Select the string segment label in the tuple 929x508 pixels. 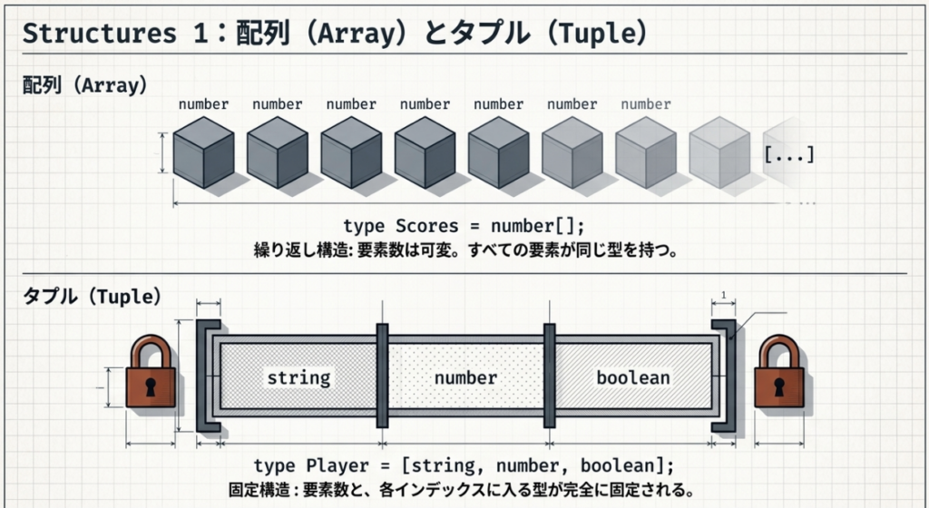(x=298, y=377)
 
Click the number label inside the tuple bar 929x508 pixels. (x=465, y=377)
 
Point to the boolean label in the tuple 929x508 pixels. (x=632, y=377)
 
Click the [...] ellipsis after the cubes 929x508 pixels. (x=789, y=154)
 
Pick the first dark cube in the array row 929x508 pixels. (x=203, y=152)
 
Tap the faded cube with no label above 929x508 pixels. (x=719, y=152)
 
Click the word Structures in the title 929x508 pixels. (x=100, y=34)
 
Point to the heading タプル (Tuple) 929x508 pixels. (x=92, y=296)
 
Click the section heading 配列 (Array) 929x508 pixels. (x=84, y=85)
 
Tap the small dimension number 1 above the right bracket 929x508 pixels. (x=723, y=295)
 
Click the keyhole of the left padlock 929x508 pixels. (x=151, y=386)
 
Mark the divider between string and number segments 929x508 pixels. (x=382, y=376)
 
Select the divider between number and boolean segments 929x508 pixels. (x=549, y=376)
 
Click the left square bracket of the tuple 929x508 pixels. (x=202, y=376)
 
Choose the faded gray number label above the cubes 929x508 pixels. (x=646, y=104)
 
